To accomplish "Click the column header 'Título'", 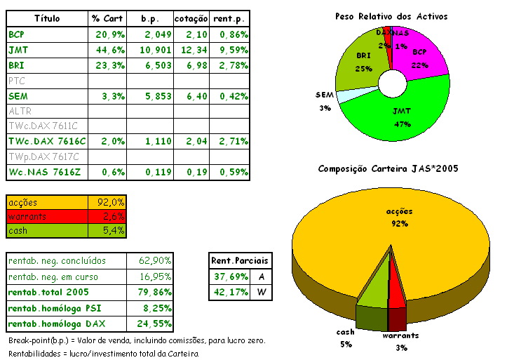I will click(x=47, y=18).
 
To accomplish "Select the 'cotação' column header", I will click(x=190, y=18).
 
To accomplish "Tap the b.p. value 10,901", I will click(x=149, y=50).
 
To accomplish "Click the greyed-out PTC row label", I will click(x=17, y=81).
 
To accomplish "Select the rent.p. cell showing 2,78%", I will click(x=229, y=65).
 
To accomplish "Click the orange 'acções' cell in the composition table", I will click(x=46, y=201).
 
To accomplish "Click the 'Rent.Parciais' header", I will click(x=239, y=260).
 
